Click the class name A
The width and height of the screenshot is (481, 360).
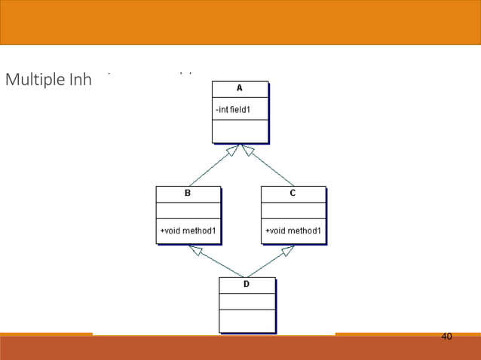tap(240, 88)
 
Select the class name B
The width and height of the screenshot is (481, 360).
tap(188, 193)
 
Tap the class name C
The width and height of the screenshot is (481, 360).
tap(293, 193)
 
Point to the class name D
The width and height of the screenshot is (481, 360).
tap(247, 285)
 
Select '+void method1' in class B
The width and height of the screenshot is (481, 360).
tap(188, 230)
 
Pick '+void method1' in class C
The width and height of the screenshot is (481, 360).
tap(293, 230)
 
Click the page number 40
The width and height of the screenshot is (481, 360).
tap(446, 336)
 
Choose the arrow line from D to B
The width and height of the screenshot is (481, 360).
tap(217, 261)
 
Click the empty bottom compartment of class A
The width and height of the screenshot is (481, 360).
tap(240, 131)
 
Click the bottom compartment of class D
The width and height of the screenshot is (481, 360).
tap(247, 320)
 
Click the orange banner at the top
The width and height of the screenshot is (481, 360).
tap(240, 23)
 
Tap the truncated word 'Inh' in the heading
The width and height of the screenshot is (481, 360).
tap(79, 79)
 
